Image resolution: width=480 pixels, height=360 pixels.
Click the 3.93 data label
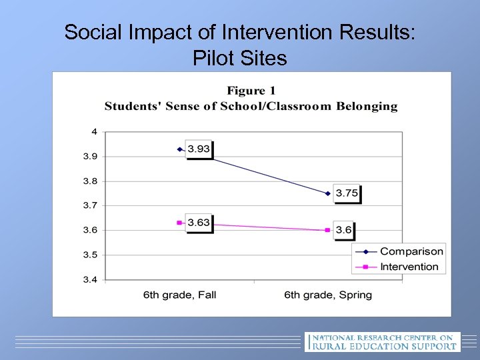(199, 149)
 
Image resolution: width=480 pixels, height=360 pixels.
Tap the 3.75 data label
(347, 193)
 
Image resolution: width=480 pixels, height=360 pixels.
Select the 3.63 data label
(199, 222)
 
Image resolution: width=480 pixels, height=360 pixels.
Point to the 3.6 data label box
(344, 230)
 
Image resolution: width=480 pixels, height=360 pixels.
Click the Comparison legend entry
(411, 251)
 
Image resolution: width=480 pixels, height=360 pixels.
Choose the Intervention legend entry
(409, 267)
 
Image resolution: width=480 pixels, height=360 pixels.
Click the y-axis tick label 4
(94, 131)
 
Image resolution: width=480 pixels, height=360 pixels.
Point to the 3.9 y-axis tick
(89, 156)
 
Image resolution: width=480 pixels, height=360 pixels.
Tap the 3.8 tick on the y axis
(89, 181)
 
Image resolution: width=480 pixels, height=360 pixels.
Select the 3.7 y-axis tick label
(89, 205)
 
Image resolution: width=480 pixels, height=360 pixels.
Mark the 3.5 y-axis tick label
(89, 255)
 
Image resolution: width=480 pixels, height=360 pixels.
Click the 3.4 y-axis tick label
(89, 279)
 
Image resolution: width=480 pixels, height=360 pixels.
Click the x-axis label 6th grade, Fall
(179, 295)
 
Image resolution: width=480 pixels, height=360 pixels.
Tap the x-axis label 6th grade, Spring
(328, 295)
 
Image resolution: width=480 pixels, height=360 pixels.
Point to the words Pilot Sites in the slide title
(240, 59)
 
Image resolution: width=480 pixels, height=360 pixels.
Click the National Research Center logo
(382, 341)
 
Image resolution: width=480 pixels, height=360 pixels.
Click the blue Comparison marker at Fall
(179, 149)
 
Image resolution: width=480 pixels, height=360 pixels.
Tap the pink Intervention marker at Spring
(327, 230)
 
